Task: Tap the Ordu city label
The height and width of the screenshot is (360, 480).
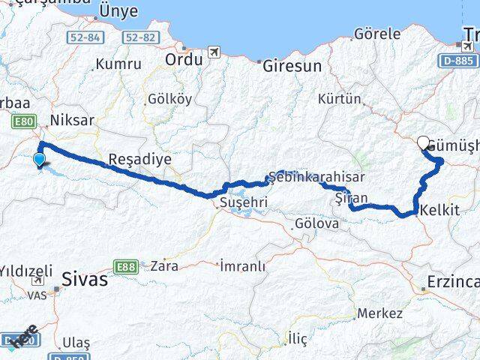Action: [x=184, y=59]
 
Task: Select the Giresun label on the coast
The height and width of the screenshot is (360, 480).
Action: [x=291, y=66]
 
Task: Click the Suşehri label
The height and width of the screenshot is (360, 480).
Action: [x=238, y=202]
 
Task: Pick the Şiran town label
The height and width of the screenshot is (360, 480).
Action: [x=351, y=197]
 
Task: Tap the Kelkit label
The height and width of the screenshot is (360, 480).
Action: [x=440, y=210]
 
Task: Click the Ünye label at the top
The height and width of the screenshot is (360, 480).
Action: [x=118, y=10]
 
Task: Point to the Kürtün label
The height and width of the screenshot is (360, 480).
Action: [x=340, y=98]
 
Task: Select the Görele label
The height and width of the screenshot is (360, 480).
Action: [x=376, y=34]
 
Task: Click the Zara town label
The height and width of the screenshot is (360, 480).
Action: [x=164, y=265]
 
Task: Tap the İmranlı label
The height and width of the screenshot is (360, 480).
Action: [x=242, y=265]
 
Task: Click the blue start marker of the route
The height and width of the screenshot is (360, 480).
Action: [x=39, y=159]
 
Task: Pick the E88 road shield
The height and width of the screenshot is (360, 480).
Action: [x=124, y=266]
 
